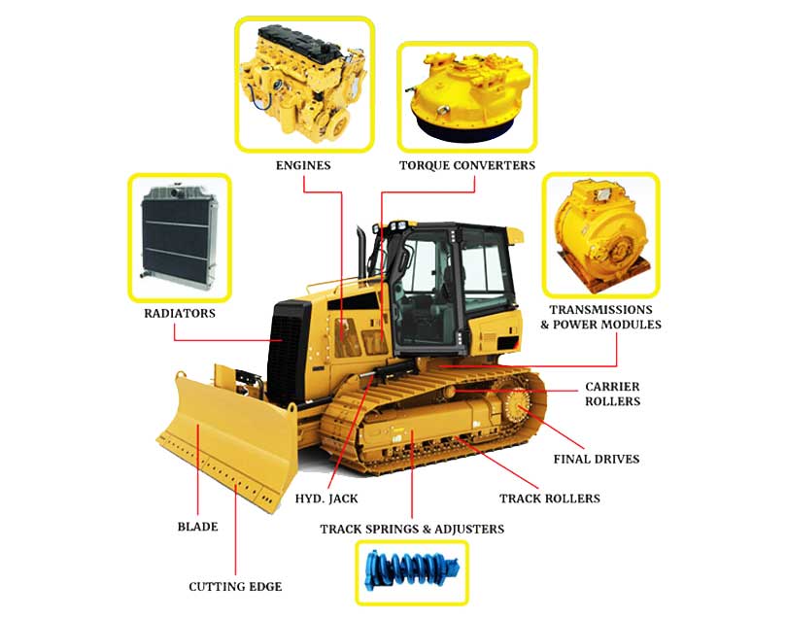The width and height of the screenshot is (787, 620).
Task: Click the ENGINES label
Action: coord(303,165)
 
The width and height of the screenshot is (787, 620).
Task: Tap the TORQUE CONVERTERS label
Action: coord(467,165)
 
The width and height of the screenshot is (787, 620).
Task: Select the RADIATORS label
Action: coord(180,313)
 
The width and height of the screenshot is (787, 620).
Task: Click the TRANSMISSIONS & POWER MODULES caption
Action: coord(600,317)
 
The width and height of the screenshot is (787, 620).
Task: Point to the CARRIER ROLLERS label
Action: coord(612,394)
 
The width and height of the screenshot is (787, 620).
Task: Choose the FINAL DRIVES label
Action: coord(597,459)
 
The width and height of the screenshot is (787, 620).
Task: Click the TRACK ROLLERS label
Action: coord(550,499)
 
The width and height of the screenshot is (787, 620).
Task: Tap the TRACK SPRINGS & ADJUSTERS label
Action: coord(412,529)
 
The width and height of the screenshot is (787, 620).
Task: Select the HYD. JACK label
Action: coord(326,499)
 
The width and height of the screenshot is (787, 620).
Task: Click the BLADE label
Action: coord(198,527)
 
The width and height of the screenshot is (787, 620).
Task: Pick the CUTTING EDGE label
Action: coord(235,586)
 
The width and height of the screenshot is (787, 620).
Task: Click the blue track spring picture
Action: coord(412,571)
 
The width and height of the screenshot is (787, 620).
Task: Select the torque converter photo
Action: coord(467,97)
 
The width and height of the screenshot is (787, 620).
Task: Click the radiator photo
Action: coord(179,237)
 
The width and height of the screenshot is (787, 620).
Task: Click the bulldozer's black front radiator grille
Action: coord(286,352)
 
